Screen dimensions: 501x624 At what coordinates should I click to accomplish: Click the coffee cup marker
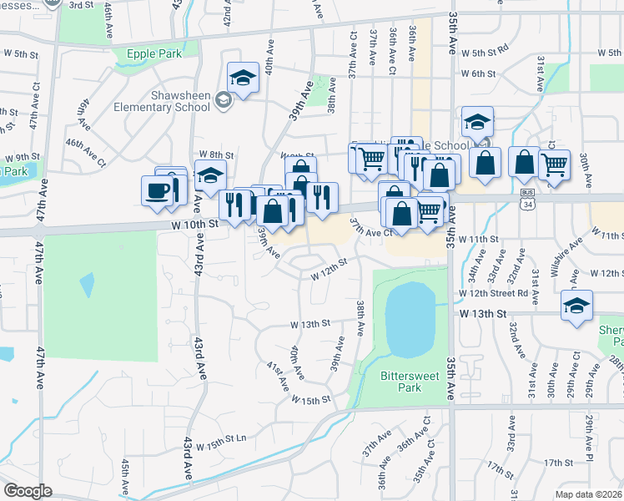[x=158, y=192]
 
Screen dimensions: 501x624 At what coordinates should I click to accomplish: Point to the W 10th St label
[x=197, y=224]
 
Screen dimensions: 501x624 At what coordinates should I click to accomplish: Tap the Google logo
[x=27, y=491]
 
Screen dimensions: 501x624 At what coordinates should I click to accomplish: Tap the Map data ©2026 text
[x=588, y=493]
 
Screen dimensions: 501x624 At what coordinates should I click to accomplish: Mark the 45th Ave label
[x=126, y=477]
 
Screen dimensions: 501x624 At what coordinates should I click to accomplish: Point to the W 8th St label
[x=215, y=155]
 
